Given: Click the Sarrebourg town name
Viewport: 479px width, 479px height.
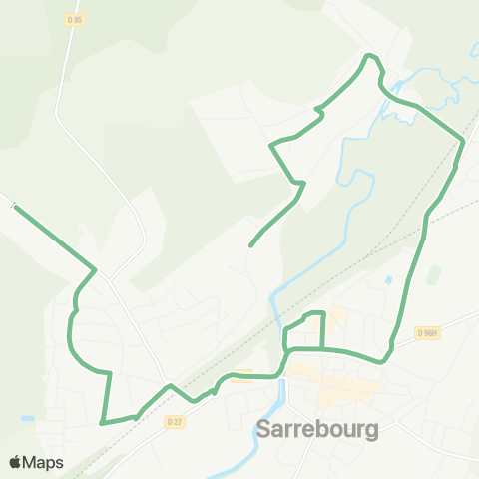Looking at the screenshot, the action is point(317,430).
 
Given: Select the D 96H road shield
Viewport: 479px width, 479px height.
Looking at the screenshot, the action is point(429,332).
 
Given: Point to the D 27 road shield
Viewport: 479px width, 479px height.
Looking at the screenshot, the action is point(175,421).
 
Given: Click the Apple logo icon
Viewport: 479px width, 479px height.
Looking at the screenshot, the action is point(16,462).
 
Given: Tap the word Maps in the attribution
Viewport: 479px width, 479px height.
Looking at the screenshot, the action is point(44,462).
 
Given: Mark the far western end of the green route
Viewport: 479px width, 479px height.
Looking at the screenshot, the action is point(15,207).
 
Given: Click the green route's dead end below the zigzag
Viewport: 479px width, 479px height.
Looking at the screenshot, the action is point(249,244).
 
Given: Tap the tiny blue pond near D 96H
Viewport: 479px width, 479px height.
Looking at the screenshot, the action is point(388,280).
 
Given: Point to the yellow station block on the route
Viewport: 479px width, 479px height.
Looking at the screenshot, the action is point(241,375).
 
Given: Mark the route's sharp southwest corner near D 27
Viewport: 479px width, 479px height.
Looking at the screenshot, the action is point(103,423).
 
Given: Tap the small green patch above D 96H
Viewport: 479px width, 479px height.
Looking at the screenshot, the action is point(432,275).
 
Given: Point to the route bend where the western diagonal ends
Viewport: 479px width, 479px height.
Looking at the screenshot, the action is point(95,268).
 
